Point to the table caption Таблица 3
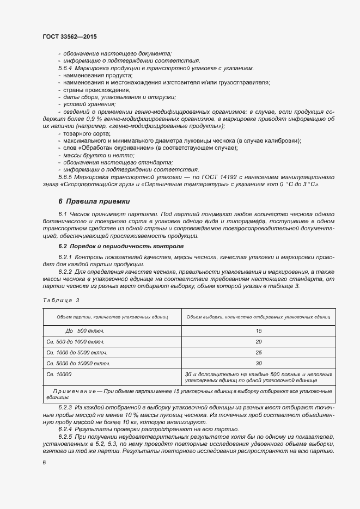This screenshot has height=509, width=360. [x=60, y=300]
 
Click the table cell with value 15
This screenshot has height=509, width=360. [x=258, y=330]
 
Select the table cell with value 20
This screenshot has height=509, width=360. [x=258, y=341]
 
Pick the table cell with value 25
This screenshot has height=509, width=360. [x=258, y=352]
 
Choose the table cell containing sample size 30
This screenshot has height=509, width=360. [x=258, y=363]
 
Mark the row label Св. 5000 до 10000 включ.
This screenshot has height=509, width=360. [x=78, y=363]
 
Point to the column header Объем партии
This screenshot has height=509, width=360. [x=112, y=316]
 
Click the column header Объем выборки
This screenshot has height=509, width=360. [x=258, y=316]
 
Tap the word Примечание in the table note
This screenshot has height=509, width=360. [x=74, y=392]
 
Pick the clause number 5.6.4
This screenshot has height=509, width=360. [x=65, y=68]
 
